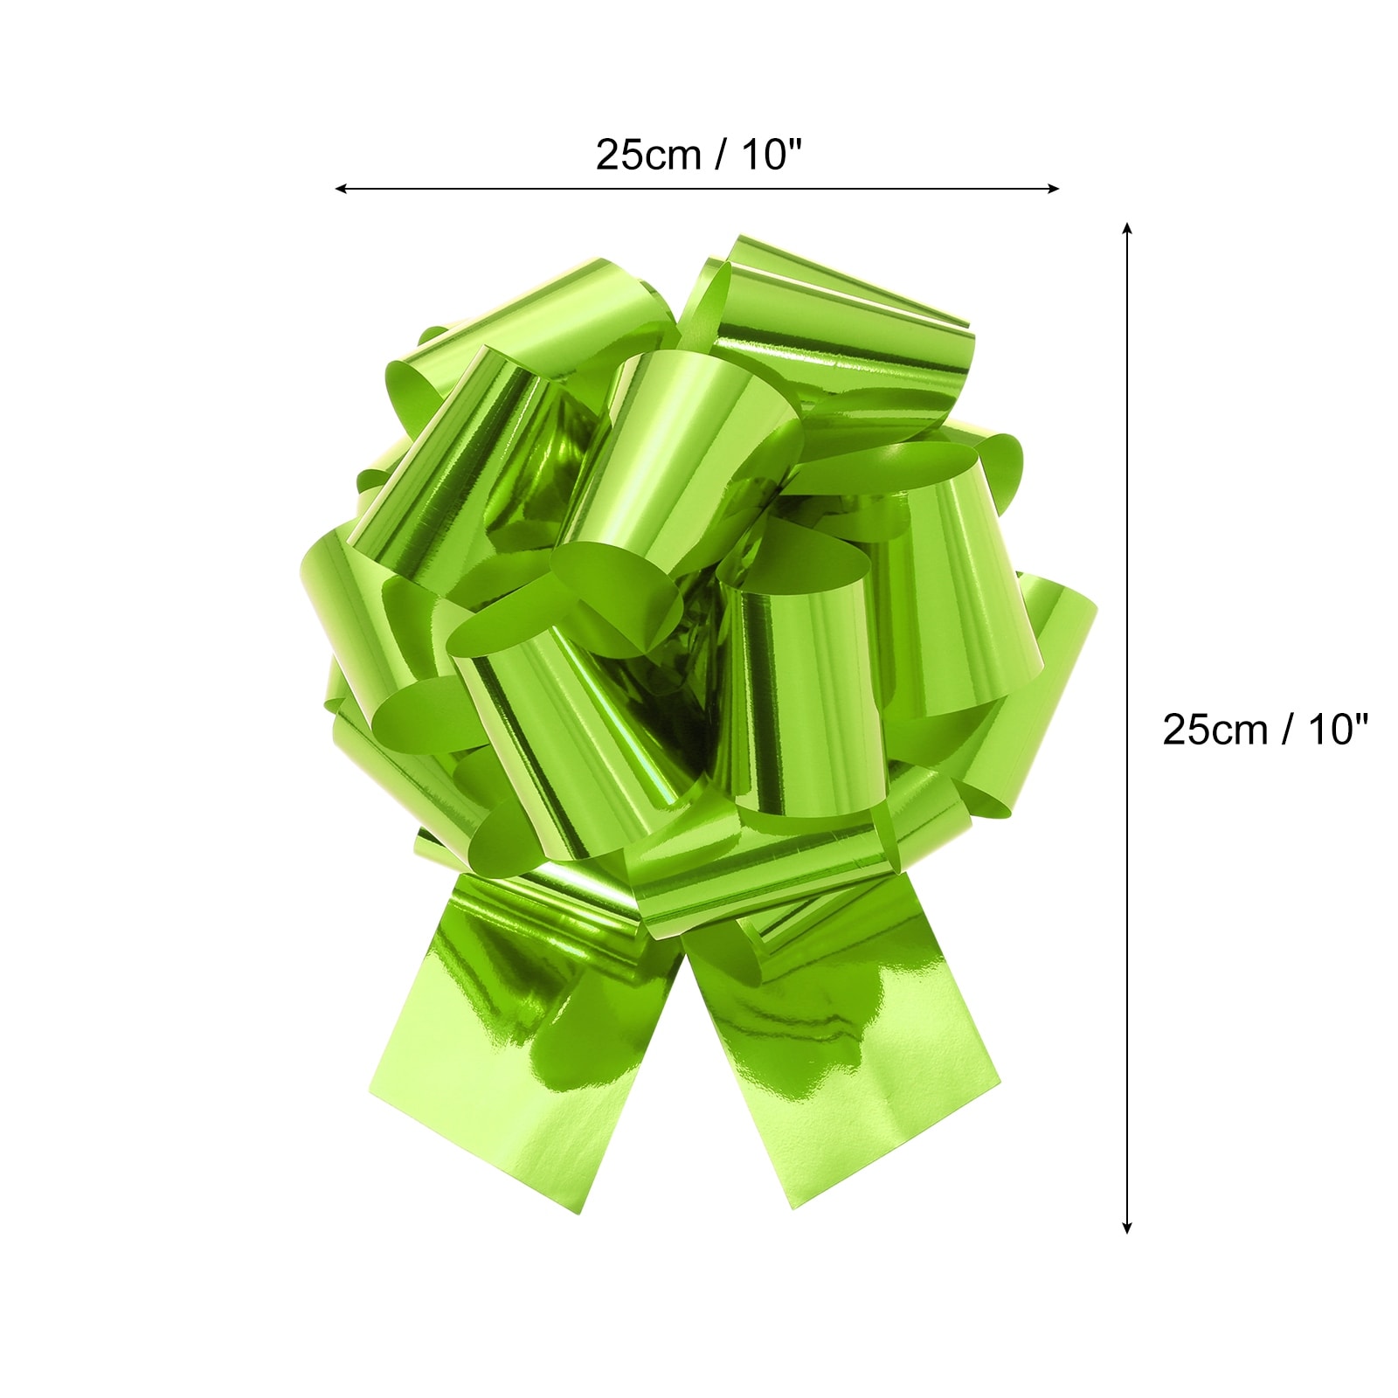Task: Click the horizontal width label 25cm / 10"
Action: pos(698,156)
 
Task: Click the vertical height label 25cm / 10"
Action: pos(1264,730)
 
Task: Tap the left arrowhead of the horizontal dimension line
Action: pos(341,188)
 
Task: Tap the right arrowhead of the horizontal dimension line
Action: pos(1054,188)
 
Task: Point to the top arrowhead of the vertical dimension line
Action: pos(1127,228)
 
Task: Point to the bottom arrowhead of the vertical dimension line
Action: pos(1127,1228)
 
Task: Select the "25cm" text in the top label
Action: pos(648,156)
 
